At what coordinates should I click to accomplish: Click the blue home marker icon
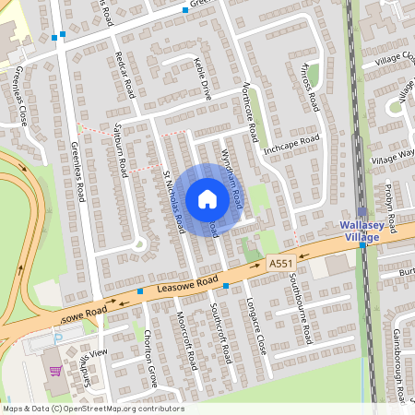point(207,199)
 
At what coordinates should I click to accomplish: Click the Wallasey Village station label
point(367,230)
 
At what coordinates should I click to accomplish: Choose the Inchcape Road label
point(290,144)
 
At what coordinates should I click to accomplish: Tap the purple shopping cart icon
point(54,372)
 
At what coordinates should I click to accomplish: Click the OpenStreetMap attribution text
point(92,409)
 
